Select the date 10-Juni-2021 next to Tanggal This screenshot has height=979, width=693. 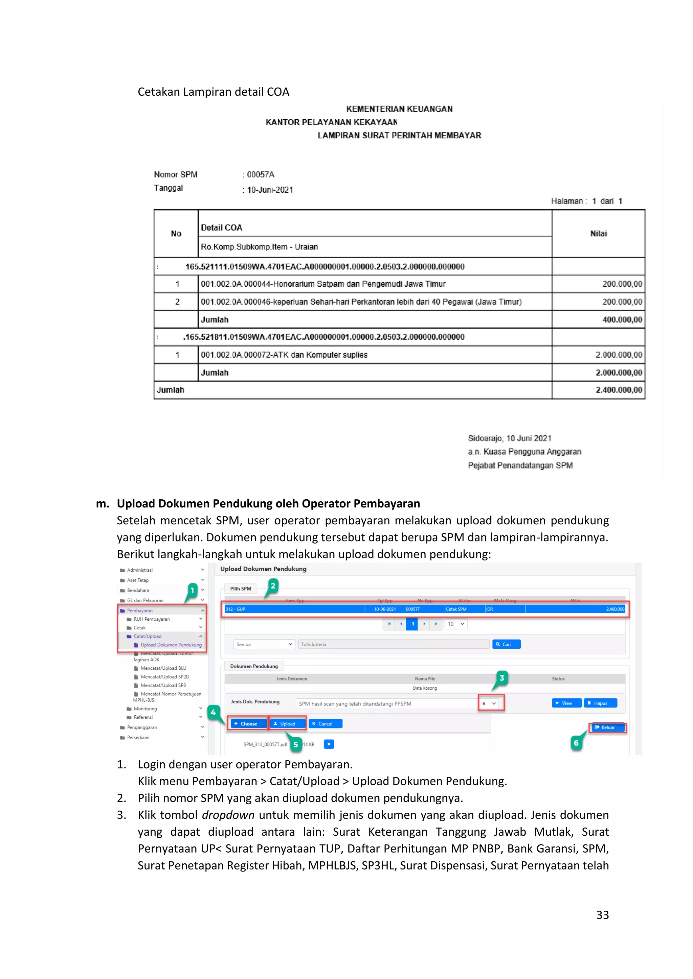270,190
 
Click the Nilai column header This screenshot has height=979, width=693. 598,234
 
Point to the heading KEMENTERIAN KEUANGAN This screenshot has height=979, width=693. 399,109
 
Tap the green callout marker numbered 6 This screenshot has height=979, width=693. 576,743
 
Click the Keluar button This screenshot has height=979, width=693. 607,727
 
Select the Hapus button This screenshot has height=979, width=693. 600,703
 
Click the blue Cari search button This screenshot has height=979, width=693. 506,644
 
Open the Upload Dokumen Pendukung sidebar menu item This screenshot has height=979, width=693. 171,645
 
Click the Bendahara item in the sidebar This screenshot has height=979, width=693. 138,590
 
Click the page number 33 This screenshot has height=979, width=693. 602,915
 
